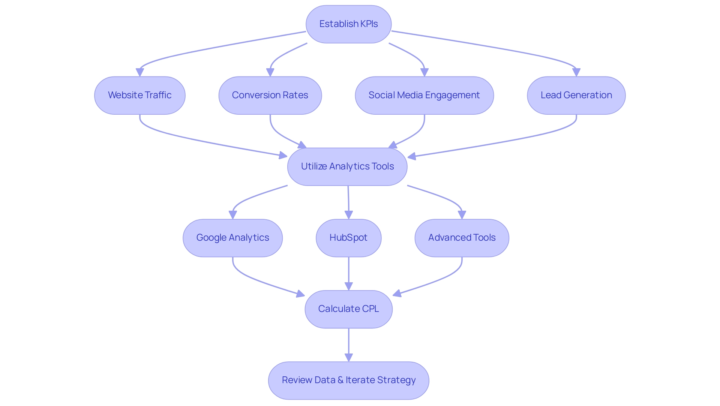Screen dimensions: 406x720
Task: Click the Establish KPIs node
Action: click(348, 24)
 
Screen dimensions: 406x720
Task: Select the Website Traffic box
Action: click(139, 95)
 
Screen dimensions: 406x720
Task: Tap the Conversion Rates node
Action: click(270, 95)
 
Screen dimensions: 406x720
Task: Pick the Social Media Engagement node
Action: click(424, 95)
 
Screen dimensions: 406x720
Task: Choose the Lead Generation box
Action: click(576, 95)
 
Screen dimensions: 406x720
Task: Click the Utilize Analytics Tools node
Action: click(347, 166)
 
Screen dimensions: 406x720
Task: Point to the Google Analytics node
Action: click(232, 238)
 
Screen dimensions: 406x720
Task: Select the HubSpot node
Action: click(348, 238)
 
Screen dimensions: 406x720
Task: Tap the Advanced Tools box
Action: click(462, 238)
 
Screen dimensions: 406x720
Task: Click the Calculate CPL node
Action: click(348, 309)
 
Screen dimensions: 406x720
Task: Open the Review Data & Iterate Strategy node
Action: click(348, 380)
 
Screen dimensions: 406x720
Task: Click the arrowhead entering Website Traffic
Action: click(140, 72)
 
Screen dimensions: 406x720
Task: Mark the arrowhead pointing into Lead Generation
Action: click(576, 72)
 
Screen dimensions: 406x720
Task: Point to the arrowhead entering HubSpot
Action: click(349, 215)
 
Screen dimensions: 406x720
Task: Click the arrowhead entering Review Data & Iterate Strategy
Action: click(349, 357)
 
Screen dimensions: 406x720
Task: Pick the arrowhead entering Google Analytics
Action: click(233, 215)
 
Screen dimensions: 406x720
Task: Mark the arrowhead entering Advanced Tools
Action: click(462, 215)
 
